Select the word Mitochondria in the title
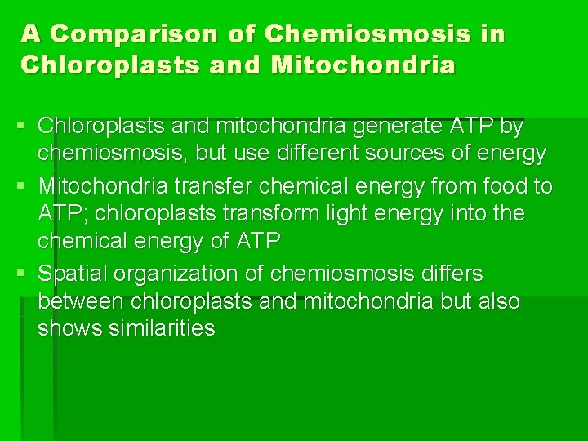coord(366,65)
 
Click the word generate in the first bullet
coord(384,128)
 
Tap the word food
coord(506,187)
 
